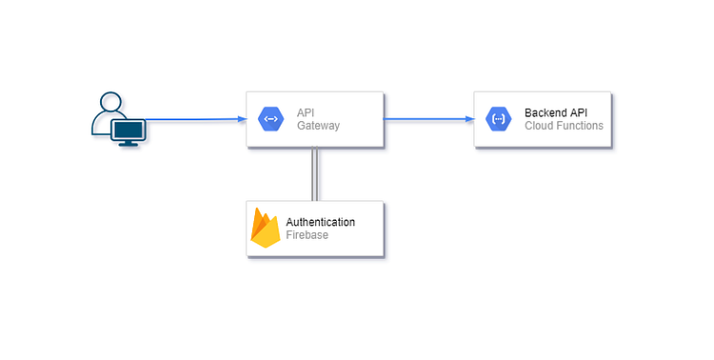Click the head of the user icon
(x=110, y=102)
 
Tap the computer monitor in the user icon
(x=129, y=131)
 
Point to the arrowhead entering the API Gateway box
(x=242, y=119)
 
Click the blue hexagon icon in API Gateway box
(x=270, y=119)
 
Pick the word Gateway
(x=318, y=126)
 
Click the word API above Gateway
(x=306, y=112)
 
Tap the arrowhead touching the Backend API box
(x=469, y=119)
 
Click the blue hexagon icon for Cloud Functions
(x=499, y=119)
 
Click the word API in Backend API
(x=577, y=112)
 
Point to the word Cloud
(x=540, y=126)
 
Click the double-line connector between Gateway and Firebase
(x=314, y=173)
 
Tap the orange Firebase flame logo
(x=266, y=229)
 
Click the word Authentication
(x=321, y=222)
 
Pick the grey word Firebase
(x=307, y=235)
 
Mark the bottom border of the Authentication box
(x=314, y=255)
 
